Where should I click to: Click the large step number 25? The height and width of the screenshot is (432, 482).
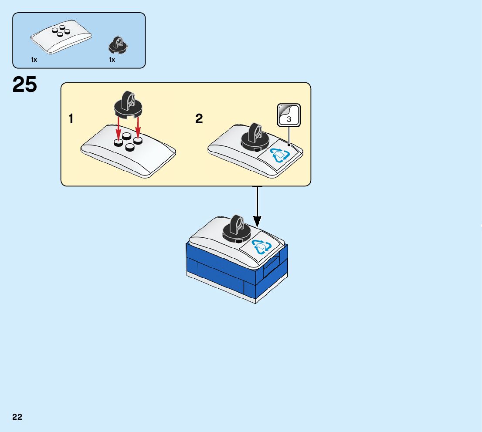tap(25, 84)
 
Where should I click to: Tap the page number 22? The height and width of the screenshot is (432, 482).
tap(17, 417)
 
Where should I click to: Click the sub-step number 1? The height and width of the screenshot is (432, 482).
tap(71, 119)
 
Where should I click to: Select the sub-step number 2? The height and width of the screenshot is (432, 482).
tap(199, 119)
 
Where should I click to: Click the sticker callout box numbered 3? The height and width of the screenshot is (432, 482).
tap(289, 115)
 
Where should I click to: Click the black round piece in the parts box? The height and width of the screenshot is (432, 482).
tap(117, 45)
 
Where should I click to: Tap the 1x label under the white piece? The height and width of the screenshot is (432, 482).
tap(34, 60)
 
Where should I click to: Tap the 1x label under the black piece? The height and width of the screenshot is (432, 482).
tap(112, 60)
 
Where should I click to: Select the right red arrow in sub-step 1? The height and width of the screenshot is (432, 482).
tap(138, 127)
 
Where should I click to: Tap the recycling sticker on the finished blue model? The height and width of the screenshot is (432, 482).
tap(261, 247)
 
